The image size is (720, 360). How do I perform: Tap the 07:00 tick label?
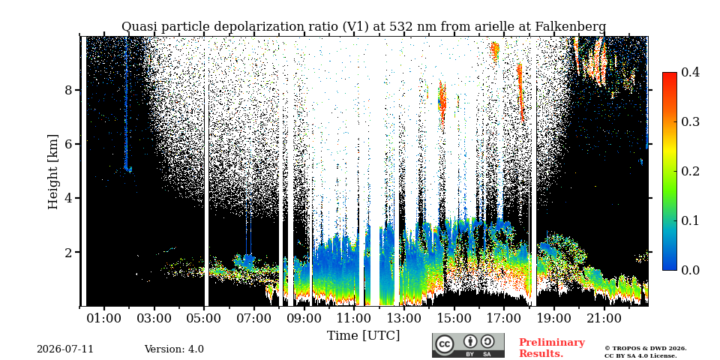point(254,318)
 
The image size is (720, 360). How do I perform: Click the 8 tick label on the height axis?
point(68,89)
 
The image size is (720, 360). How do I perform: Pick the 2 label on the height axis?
point(68,252)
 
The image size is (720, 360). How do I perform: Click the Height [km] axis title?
point(54,172)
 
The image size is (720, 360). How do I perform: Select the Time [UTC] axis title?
point(363,336)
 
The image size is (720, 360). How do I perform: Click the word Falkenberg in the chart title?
point(570,27)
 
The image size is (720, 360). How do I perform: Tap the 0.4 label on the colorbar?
point(690,72)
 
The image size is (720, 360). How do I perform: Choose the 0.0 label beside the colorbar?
point(690,270)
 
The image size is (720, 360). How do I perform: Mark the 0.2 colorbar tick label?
point(690,171)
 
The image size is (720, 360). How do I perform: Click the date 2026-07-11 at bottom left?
point(65,349)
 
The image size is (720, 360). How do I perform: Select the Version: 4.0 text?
point(174,349)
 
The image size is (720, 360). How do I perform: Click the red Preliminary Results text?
point(552,348)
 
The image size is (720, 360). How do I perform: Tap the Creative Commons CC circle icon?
point(444,344)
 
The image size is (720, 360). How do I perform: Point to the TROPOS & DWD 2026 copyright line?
point(645,349)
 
